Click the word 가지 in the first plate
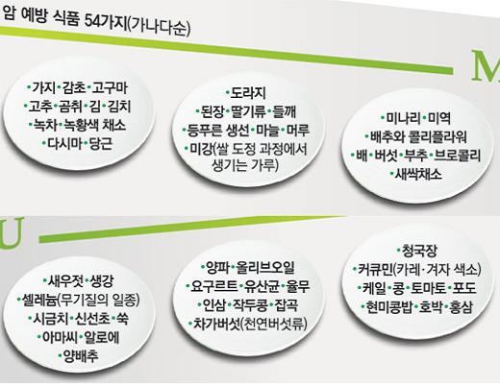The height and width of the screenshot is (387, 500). pyautogui.click(x=43, y=87)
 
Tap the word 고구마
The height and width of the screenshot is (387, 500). pyautogui.click(x=111, y=87)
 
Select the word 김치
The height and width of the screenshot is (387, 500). pyautogui.click(x=119, y=107)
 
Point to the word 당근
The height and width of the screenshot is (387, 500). pyautogui.click(x=101, y=143)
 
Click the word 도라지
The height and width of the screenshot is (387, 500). pyautogui.click(x=248, y=93)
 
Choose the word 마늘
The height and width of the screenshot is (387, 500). pyautogui.click(x=267, y=130)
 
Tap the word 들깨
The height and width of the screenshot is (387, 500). pyautogui.click(x=285, y=111)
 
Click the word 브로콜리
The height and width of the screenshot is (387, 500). pyautogui.click(x=458, y=156)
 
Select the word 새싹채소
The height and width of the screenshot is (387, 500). pyautogui.click(x=418, y=174)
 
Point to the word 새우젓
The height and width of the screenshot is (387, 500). pyautogui.click(x=66, y=281)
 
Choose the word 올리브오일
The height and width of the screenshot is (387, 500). pyautogui.click(x=265, y=268)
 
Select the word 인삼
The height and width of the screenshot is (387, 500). pyautogui.click(x=214, y=304)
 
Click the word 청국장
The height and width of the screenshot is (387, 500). pyautogui.click(x=419, y=251)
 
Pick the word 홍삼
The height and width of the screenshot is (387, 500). pyautogui.click(x=462, y=306)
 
